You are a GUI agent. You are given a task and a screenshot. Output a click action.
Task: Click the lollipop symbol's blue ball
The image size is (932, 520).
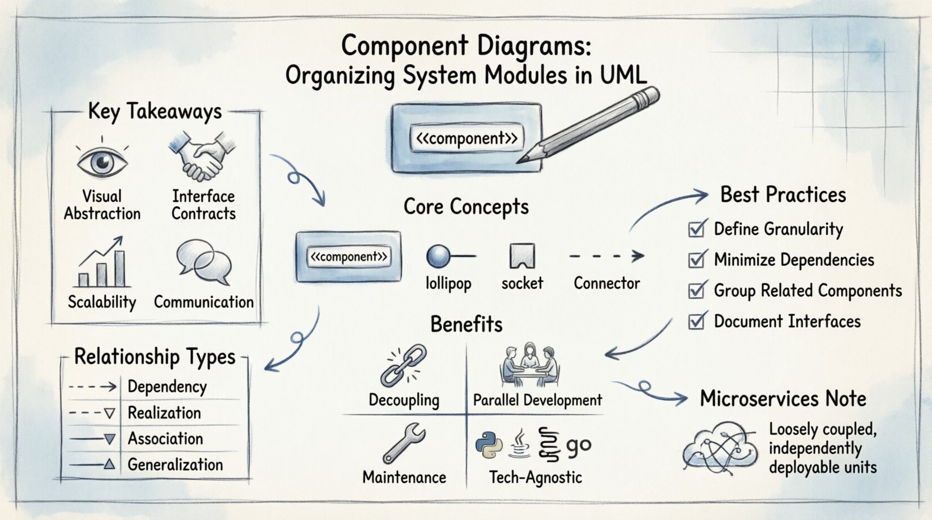click(x=437, y=256)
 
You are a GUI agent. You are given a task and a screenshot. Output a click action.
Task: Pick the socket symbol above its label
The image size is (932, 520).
click(x=522, y=256)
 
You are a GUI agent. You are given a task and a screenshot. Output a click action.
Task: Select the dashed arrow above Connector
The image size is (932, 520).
click(x=606, y=257)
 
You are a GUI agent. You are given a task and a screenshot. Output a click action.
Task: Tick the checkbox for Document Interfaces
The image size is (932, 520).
click(x=697, y=321)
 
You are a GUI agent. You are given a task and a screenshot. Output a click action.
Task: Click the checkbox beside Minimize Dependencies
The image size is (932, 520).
click(x=697, y=259)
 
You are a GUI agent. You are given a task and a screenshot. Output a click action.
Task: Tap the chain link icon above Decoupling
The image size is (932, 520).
click(x=403, y=365)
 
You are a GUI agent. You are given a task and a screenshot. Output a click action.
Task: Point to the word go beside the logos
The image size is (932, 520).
click(x=579, y=445)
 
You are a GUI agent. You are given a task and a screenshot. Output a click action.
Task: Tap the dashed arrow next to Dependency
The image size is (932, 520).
click(x=92, y=387)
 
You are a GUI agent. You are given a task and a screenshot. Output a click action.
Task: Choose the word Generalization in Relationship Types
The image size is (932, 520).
click(x=175, y=465)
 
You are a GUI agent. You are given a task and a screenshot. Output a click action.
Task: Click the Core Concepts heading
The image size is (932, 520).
click(x=466, y=207)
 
